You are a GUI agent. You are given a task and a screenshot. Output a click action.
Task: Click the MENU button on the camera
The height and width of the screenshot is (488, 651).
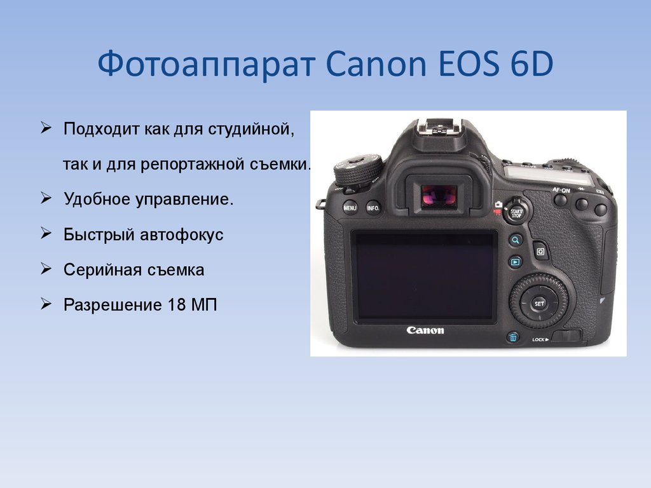point(350,208)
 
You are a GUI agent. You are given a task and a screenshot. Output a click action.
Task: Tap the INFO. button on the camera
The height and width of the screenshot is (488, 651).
point(373,208)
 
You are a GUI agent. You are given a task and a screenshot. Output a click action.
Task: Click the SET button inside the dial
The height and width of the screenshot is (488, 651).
point(539,303)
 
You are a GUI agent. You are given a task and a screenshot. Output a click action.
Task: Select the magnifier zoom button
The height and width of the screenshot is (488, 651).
point(515,240)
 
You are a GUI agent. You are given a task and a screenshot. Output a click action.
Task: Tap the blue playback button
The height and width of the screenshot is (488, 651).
point(515,262)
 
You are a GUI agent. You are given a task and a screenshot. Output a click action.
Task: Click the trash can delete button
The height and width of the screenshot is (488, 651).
point(513,337)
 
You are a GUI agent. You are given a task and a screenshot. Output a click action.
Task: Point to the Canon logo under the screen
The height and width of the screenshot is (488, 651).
point(425,330)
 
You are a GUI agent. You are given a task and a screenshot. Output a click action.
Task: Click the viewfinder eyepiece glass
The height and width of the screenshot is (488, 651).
point(439,196)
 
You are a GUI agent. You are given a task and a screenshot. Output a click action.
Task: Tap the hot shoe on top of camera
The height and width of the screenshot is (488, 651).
point(440,127)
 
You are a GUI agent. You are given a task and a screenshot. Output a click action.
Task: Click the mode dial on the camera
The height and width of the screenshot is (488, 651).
point(359,170)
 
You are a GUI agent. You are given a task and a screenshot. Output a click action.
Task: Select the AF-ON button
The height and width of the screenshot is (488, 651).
point(561,200)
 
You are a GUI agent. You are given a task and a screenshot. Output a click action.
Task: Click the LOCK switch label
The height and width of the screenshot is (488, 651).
point(540,339)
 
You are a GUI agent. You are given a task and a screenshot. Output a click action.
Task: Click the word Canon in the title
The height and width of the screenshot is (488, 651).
point(376,64)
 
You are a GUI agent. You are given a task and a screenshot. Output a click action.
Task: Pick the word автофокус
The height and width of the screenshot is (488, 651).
point(181,234)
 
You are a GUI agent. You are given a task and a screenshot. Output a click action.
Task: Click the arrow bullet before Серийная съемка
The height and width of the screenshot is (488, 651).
point(46,269)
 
